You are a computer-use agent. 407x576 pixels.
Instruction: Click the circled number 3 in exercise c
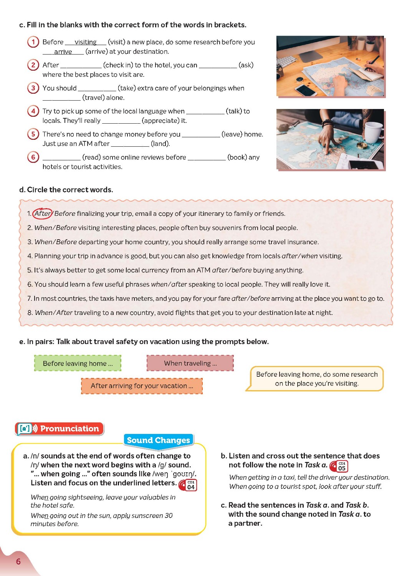pyautogui.click(x=33, y=88)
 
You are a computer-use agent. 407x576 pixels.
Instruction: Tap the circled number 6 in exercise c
pyautogui.click(x=33, y=157)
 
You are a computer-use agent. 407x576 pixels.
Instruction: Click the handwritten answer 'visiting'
pyautogui.click(x=85, y=42)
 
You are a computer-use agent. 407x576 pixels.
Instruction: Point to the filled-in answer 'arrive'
pyautogui.click(x=63, y=51)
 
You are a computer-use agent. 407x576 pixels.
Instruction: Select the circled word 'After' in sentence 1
pyautogui.click(x=42, y=214)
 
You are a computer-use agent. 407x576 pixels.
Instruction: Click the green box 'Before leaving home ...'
pyautogui.click(x=78, y=363)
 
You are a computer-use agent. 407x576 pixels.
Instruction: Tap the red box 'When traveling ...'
pyautogui.click(x=190, y=363)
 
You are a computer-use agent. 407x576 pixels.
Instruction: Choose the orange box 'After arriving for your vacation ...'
pyautogui.click(x=142, y=386)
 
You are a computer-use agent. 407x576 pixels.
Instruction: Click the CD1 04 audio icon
pyautogui.click(x=188, y=485)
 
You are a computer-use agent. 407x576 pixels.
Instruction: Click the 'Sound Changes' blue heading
pyautogui.click(x=158, y=440)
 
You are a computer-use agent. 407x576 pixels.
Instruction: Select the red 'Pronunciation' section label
pyautogui.click(x=60, y=429)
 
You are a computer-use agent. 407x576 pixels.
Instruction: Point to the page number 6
pyautogui.click(x=18, y=561)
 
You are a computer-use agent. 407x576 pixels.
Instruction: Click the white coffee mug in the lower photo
pyautogui.click(x=373, y=132)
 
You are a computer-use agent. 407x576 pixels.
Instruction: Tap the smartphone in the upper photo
pyautogui.click(x=306, y=90)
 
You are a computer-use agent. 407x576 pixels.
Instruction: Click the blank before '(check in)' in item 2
pyautogui.click(x=81, y=65)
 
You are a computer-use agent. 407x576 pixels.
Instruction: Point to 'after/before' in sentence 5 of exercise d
pyautogui.click(x=232, y=270)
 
